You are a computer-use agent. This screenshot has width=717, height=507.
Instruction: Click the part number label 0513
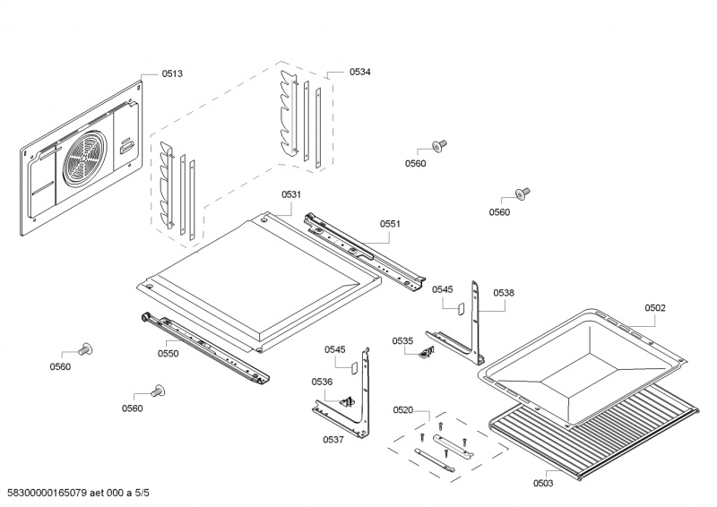point(172,74)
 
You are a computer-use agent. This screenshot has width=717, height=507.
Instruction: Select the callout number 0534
point(360,71)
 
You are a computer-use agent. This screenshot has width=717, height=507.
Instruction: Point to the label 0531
point(290,194)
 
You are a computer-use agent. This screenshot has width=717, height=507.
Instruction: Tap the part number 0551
point(390,224)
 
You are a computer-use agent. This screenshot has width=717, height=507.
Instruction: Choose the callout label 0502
point(655,307)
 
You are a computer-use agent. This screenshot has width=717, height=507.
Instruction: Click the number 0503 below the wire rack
point(543,484)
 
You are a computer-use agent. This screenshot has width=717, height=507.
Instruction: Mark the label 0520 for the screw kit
point(403,409)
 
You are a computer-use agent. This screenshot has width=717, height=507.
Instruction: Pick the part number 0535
point(402,340)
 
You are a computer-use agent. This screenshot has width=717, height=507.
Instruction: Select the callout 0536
point(322,382)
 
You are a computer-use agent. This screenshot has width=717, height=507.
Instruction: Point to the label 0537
point(333,439)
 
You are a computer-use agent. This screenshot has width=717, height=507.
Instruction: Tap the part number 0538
point(504,292)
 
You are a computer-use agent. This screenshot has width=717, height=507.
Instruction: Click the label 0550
point(168,353)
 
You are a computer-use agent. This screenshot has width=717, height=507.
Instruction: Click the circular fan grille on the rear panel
point(86,161)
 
